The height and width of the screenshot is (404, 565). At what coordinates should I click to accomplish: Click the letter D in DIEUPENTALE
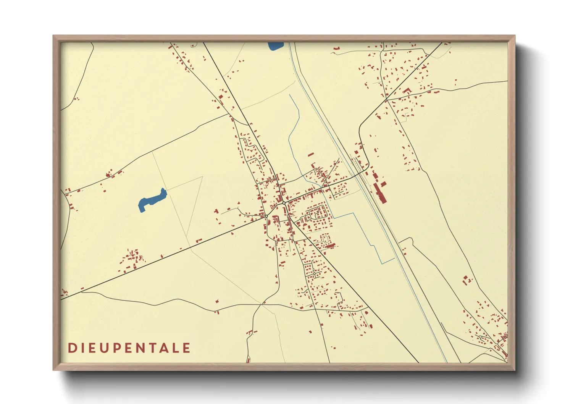click(72, 348)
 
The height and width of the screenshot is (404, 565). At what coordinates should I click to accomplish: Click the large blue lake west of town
click(152, 200)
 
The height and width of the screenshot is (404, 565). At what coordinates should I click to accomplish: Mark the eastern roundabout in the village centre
click(284, 203)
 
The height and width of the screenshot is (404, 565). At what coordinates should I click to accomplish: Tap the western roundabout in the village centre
click(266, 216)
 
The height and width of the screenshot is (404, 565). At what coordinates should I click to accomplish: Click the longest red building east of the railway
click(380, 193)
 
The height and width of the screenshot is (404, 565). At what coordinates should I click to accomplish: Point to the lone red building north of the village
click(311, 155)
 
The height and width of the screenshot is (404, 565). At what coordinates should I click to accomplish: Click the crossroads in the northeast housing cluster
click(386, 100)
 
